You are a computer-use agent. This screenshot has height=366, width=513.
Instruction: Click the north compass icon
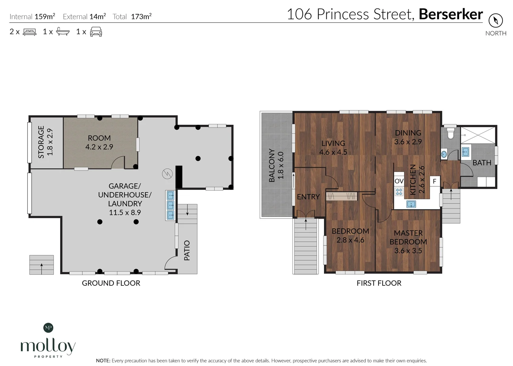(x=496, y=21)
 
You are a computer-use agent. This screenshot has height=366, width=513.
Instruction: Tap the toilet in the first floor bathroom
(x=450, y=134)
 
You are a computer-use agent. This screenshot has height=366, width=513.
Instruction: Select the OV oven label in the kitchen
(x=399, y=181)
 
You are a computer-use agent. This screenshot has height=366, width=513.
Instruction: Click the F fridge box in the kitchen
(x=434, y=181)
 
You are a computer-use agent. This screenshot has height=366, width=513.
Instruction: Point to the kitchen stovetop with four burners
(x=399, y=191)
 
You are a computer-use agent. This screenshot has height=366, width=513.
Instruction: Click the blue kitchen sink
(x=411, y=204)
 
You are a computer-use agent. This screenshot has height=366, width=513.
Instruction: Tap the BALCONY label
(x=272, y=165)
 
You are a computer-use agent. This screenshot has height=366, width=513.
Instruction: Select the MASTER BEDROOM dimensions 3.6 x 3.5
(x=408, y=250)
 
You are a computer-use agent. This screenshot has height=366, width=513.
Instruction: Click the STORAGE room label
(x=41, y=142)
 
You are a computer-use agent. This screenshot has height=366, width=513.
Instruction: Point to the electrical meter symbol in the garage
(x=167, y=174)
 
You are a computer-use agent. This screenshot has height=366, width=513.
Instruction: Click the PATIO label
(x=187, y=250)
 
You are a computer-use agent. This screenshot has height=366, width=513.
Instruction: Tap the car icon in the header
(x=96, y=32)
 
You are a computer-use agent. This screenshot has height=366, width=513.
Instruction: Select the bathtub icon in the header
(x=63, y=32)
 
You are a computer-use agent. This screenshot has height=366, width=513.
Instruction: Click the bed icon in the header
(x=29, y=32)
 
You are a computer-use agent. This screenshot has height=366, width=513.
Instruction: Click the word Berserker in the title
(x=451, y=14)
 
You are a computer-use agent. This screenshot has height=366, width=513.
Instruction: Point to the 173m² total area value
(x=141, y=17)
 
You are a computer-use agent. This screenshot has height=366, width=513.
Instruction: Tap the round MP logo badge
(x=48, y=328)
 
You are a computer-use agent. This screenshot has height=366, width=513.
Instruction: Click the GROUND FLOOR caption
(x=111, y=283)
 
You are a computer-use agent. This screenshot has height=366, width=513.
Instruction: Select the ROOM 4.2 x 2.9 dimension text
(x=99, y=147)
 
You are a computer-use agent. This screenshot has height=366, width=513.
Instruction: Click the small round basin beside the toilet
(x=444, y=154)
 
